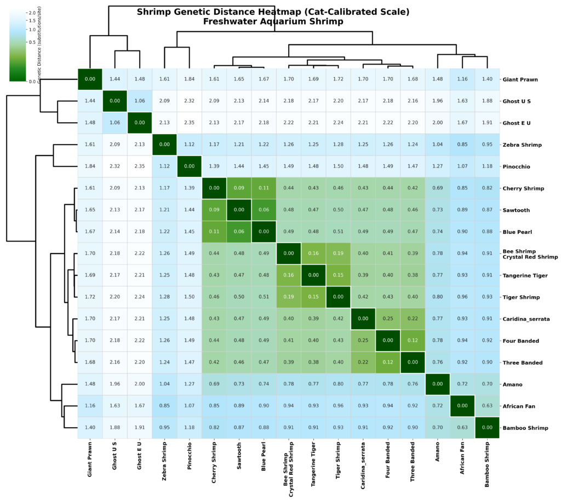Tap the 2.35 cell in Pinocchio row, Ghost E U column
[139, 166]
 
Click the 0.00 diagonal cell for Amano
[437, 384]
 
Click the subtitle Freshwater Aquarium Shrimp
[272, 22]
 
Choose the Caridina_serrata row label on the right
[525, 319]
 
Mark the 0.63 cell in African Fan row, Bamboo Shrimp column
[487, 406]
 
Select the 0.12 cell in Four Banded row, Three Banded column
[413, 341]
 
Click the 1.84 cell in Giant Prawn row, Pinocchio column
[189, 79]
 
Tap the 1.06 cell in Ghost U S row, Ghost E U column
[139, 101]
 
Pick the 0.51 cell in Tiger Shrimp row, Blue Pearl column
[264, 297]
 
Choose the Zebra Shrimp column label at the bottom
[164, 462]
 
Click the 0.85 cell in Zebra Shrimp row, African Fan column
[462, 145]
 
